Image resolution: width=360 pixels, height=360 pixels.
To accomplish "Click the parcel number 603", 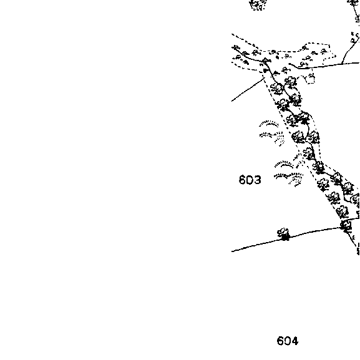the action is tap(250, 180).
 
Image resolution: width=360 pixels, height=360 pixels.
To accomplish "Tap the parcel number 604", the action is tap(288, 341).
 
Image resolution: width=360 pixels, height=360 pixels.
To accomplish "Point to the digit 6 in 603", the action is tap(242, 180).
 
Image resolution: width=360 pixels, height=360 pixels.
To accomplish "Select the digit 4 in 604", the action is tap(294, 341).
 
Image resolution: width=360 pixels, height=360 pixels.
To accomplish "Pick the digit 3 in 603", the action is tap(258, 180).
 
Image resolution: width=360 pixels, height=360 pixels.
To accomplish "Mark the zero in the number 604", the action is tap(288, 341).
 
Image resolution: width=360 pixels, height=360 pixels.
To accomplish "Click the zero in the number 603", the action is tap(250, 180).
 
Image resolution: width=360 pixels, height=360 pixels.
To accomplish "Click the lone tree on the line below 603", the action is tap(284, 234).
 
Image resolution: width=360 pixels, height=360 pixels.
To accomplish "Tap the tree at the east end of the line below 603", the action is tap(346, 226).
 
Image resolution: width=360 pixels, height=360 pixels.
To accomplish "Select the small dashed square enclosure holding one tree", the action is tap(310, 78).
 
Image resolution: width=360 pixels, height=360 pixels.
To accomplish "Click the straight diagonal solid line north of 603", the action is tap(248, 90).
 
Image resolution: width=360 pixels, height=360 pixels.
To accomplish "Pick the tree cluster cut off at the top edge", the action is tap(258, 4).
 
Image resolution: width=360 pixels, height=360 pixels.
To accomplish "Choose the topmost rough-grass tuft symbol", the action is tap(269, 124).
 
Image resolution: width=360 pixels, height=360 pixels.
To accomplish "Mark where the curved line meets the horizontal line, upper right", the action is tap(342, 64).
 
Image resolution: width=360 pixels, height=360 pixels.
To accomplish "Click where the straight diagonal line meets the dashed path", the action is tap(265, 78).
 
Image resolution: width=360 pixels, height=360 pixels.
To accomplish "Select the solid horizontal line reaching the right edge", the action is tap(328, 66).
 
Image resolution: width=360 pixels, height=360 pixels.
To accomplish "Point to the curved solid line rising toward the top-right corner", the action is tap(349, 49).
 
